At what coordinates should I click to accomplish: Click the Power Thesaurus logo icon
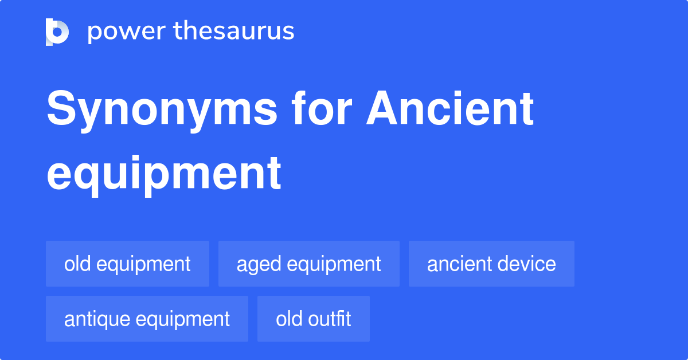(x=57, y=32)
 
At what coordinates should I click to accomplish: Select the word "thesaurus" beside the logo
(x=234, y=32)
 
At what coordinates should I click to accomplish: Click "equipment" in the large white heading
(x=164, y=173)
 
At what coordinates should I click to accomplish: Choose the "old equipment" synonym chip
(x=127, y=264)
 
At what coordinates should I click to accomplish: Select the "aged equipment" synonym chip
(x=308, y=264)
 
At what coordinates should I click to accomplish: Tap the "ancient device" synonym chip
(x=491, y=264)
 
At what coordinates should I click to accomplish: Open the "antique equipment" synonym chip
(x=147, y=319)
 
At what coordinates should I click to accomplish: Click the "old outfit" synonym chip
(x=313, y=319)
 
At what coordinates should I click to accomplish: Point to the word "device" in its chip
(x=527, y=264)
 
